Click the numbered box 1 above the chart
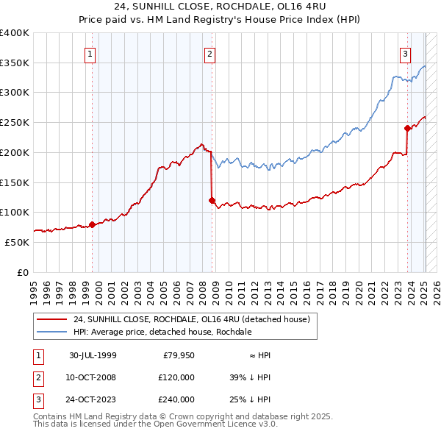[90, 53]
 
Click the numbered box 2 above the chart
[209, 53]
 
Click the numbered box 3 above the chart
[405, 53]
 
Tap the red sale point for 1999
[93, 224]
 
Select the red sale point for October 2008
[212, 200]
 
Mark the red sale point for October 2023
[407, 128]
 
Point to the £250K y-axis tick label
[15, 122]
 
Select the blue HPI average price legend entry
[162, 332]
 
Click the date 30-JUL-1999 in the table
[93, 355]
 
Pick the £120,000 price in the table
[176, 377]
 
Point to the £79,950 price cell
[179, 355]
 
